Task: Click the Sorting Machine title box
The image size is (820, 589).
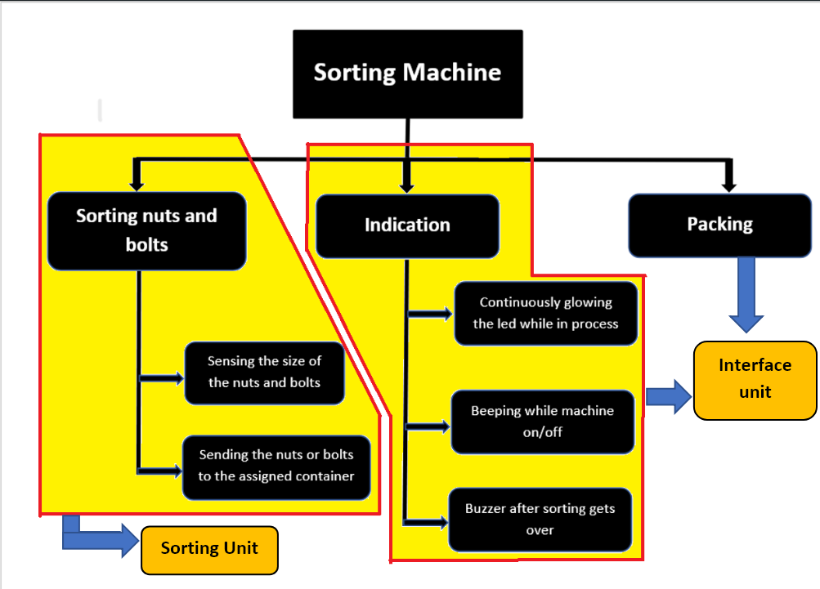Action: (x=407, y=74)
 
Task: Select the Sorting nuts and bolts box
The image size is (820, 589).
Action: (x=146, y=231)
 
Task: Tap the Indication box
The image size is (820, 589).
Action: (x=407, y=225)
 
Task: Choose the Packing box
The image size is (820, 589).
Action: (x=719, y=225)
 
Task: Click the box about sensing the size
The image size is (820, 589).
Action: (x=263, y=373)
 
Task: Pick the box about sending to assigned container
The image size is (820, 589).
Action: (x=276, y=466)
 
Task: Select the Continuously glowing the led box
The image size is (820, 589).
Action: (x=545, y=313)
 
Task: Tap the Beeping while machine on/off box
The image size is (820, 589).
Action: (x=542, y=422)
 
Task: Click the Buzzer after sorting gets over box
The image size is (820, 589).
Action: (x=540, y=520)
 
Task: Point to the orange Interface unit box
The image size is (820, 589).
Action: (x=755, y=379)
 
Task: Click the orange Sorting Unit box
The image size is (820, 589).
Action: (x=209, y=548)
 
